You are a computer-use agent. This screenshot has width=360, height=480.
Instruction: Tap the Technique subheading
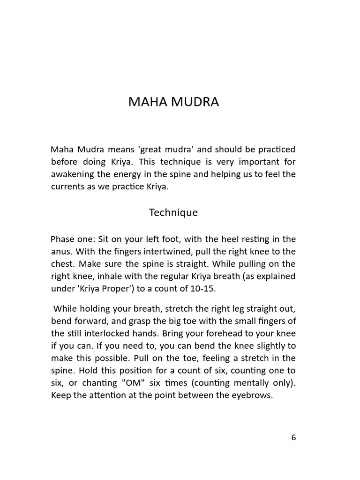tap(173, 212)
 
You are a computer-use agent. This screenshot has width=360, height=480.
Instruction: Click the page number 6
tap(293, 437)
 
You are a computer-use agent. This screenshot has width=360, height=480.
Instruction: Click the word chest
tap(62, 264)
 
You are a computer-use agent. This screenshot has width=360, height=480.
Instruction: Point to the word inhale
tap(114, 276)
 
